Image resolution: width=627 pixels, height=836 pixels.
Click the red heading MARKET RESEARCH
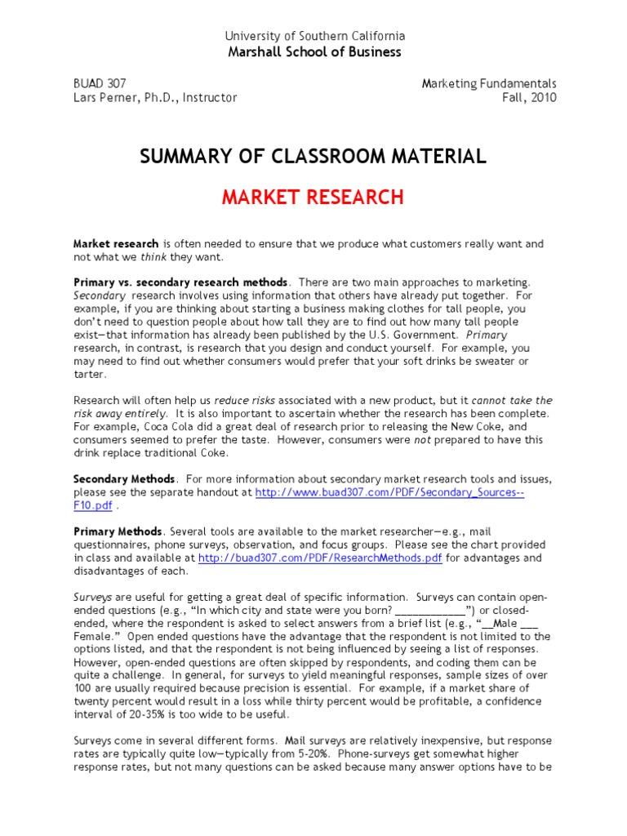[313, 197]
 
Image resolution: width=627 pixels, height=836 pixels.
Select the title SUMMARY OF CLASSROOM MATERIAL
[313, 156]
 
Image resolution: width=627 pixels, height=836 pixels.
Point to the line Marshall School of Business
[313, 52]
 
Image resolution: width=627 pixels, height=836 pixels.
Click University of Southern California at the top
[313, 37]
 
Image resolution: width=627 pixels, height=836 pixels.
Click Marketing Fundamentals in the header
[489, 83]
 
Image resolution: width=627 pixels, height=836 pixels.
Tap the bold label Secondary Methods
[124, 478]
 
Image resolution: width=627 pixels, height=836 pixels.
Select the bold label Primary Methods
[118, 531]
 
